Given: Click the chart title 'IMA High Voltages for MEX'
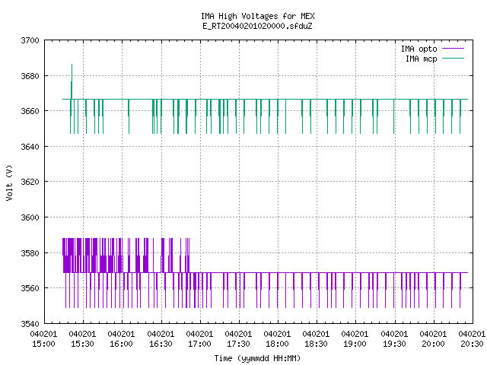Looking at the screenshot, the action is (257, 16).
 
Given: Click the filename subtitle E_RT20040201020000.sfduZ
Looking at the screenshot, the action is (257, 26).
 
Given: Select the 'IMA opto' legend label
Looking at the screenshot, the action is (419, 49).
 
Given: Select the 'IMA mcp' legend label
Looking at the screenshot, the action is (421, 59).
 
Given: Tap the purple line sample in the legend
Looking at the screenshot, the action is (453, 49).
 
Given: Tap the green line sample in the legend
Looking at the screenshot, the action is (453, 58).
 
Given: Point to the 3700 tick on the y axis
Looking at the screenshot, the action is (30, 40).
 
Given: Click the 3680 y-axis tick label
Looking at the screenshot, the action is (30, 76).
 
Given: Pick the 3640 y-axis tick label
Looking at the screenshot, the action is (30, 147).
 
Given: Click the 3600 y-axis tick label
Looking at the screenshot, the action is (30, 217).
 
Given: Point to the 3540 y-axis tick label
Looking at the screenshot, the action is (30, 324).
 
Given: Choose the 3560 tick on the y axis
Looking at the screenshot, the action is (30, 288).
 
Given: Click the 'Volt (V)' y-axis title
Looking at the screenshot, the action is (9, 182).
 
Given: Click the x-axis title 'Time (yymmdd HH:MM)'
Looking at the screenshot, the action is (257, 358).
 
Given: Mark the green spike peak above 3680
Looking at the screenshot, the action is (72, 65).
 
